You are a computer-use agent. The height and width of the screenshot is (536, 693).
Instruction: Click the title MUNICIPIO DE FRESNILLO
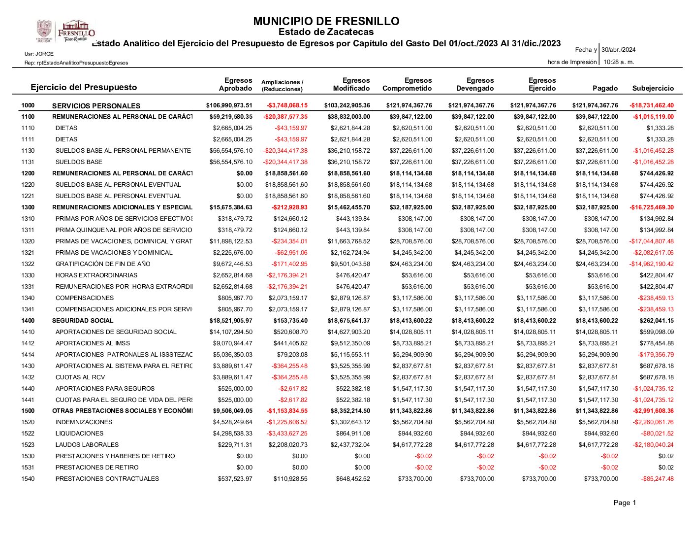click(326, 21)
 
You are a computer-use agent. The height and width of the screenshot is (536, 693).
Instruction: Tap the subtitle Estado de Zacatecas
click(326, 32)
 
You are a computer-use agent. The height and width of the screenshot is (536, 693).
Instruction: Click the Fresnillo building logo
click(76, 31)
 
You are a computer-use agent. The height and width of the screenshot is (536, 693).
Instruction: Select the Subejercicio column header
click(653, 88)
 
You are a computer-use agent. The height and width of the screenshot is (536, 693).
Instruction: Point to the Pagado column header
click(605, 88)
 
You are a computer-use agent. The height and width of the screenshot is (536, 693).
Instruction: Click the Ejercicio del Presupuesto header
click(84, 87)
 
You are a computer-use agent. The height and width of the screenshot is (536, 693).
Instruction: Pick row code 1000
click(28, 105)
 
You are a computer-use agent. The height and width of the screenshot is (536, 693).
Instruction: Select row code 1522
click(28, 434)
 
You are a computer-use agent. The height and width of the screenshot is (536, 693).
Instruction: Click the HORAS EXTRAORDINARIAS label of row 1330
click(96, 275)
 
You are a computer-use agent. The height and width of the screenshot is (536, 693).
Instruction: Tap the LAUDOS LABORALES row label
click(87, 445)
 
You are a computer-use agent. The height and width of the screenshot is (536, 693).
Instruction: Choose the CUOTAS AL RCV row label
click(80, 377)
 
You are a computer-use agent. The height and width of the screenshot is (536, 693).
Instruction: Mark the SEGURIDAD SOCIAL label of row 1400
click(76, 321)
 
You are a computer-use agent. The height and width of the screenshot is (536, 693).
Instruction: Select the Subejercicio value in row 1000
click(652, 105)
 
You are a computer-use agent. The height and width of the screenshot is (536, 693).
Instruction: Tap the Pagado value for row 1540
click(601, 479)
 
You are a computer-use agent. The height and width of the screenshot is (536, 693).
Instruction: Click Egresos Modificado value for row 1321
click(350, 253)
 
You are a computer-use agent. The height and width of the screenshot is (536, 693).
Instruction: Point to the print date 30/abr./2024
click(618, 50)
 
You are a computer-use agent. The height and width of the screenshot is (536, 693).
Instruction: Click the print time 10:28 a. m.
click(619, 62)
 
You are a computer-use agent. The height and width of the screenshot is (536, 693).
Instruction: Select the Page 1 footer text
click(625, 502)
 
